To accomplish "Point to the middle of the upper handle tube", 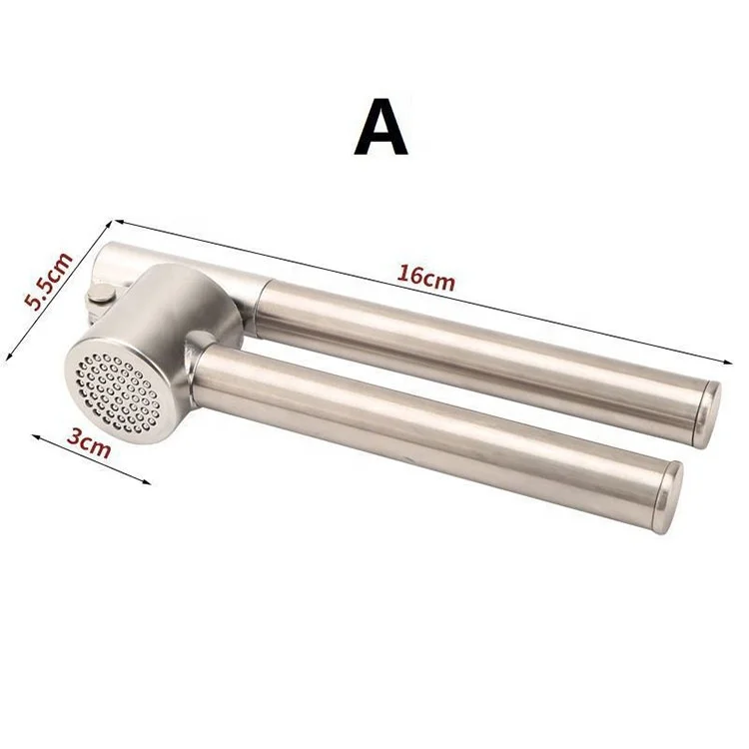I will (479, 340).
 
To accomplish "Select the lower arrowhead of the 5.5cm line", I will (9, 355).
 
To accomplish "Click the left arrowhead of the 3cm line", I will (34, 436).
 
